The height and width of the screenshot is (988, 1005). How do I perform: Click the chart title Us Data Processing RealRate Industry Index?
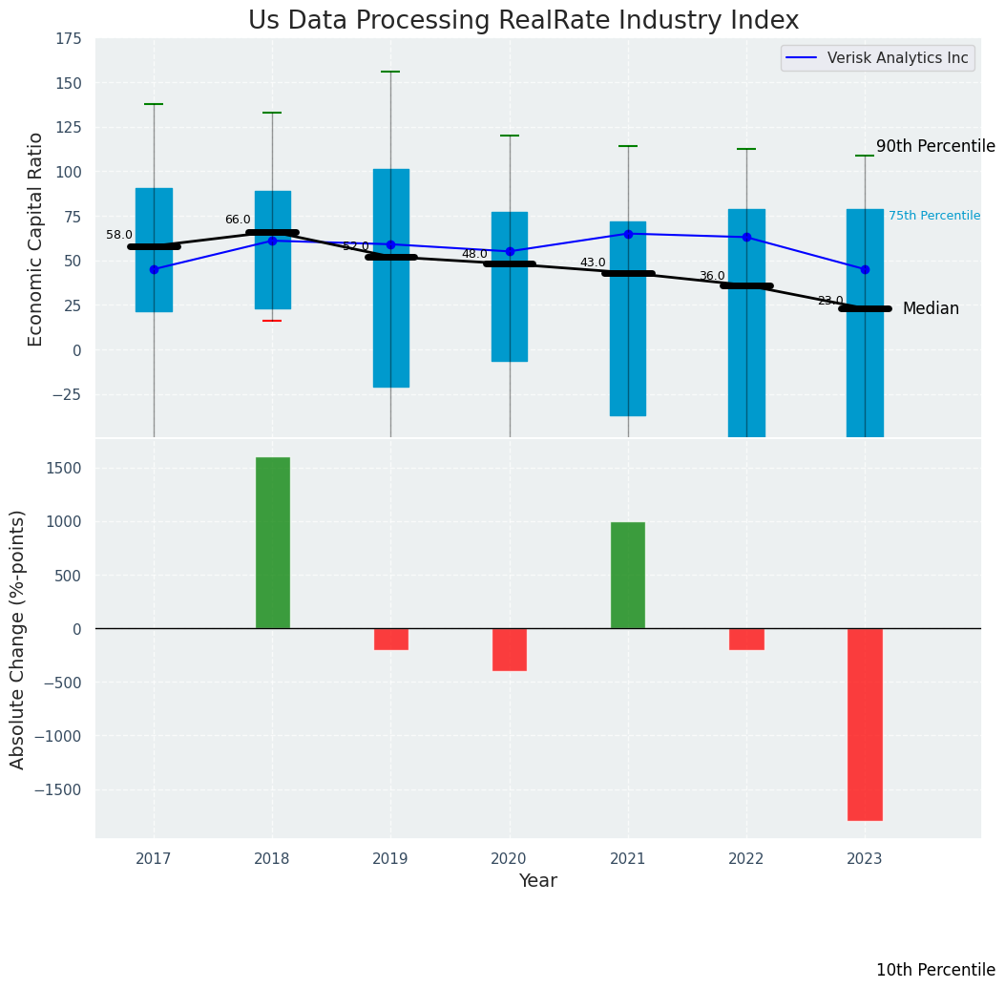pyautogui.click(x=523, y=21)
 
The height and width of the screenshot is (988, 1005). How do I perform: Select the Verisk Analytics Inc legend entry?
pyautogui.click(x=897, y=58)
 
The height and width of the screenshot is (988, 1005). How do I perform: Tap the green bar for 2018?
pyautogui.click(x=272, y=542)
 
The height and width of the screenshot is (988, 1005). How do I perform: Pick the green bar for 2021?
pyautogui.click(x=628, y=575)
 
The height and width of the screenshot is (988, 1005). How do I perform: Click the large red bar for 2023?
pyautogui.click(x=865, y=724)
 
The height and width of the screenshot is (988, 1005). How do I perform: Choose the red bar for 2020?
pyautogui.click(x=510, y=649)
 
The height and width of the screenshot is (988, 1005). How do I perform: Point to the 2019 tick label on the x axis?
pyautogui.click(x=390, y=859)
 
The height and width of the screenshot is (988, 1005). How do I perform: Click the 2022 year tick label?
pyautogui.click(x=746, y=859)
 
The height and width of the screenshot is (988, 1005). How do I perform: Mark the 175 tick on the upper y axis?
pyautogui.click(x=68, y=39)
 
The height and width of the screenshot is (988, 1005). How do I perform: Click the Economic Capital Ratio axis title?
pyautogui.click(x=36, y=239)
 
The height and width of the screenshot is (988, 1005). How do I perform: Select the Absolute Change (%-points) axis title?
pyautogui.click(x=18, y=639)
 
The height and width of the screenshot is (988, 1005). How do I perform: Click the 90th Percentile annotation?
pyautogui.click(x=935, y=146)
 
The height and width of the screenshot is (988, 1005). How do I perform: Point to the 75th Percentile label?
pyautogui.click(x=934, y=216)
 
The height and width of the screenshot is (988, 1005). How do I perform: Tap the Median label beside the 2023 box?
pyautogui.click(x=931, y=308)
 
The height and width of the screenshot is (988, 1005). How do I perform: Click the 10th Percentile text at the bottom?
pyautogui.click(x=935, y=970)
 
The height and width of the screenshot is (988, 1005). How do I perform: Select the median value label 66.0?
pyautogui.click(x=238, y=220)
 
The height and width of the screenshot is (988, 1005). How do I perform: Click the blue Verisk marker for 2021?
pyautogui.click(x=628, y=234)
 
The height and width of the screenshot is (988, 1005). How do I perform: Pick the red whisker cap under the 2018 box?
pyautogui.click(x=272, y=321)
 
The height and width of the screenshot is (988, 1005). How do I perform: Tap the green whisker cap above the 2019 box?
pyautogui.click(x=390, y=72)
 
